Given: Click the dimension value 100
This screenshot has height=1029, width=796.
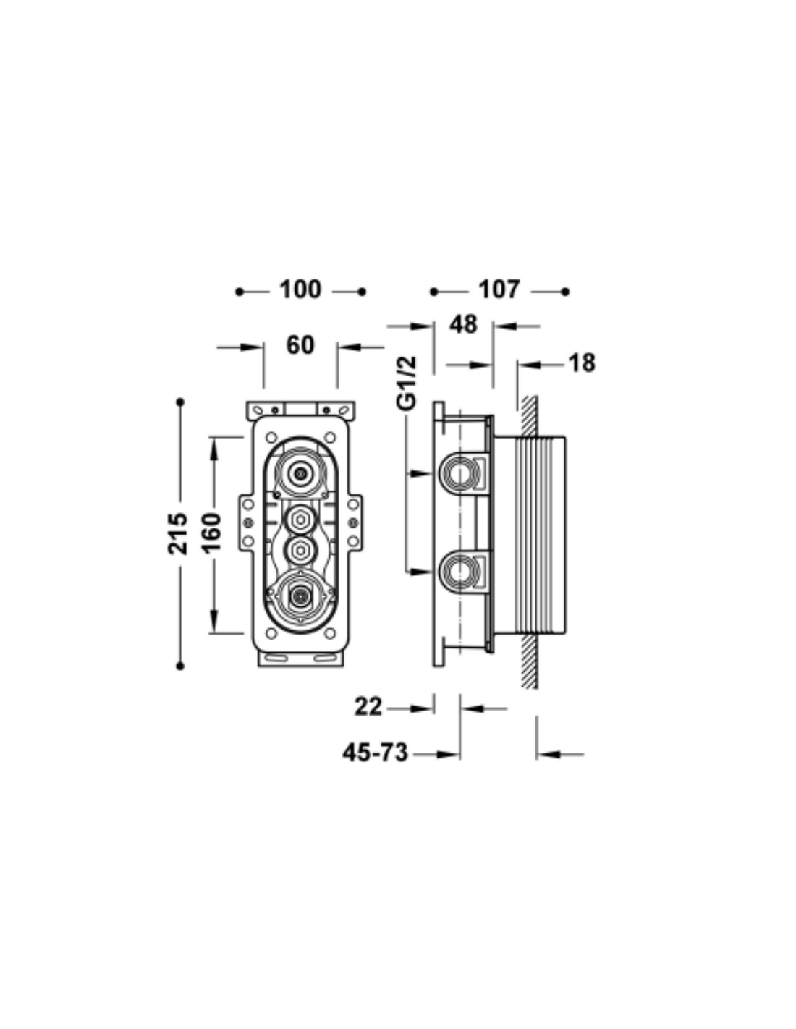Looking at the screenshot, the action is coord(300,289).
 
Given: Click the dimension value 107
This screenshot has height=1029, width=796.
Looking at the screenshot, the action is coord(499,289).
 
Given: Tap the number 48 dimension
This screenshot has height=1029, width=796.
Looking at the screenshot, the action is coord(463,325).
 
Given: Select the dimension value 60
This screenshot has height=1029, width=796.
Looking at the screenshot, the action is coord(300,345).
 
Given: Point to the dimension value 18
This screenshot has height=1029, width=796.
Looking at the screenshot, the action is coord(582,363).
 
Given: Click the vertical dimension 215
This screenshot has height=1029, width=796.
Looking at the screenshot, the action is coord(177,533).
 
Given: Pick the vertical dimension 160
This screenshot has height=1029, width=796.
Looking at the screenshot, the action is coord(212,533).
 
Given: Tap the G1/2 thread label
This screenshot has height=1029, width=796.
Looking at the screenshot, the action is coord(407,383).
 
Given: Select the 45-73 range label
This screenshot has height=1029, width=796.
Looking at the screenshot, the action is coord(375,753).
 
